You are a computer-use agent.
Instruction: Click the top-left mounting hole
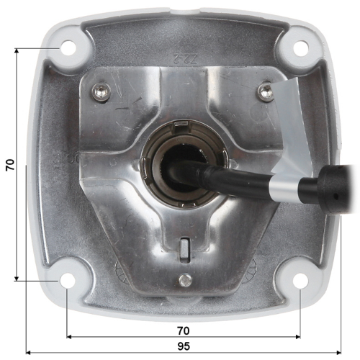[x=68, y=48]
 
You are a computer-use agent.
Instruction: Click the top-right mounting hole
[x=301, y=49]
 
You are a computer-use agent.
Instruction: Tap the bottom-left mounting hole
[x=67, y=280]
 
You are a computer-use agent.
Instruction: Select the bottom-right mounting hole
[x=300, y=281]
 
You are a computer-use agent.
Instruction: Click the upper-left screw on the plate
[x=101, y=91]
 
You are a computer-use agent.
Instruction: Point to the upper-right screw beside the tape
[x=266, y=91]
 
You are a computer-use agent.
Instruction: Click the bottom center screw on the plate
[x=185, y=280]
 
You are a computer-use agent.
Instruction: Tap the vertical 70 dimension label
[x=10, y=165]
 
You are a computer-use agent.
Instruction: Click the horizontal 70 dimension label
[x=184, y=331]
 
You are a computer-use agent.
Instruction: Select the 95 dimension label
[x=184, y=346]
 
